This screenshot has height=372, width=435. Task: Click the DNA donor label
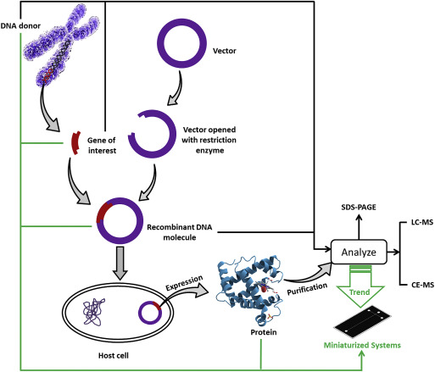tap(20, 26)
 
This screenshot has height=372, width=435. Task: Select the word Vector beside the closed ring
tap(225, 51)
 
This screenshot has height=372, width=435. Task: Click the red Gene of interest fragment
tap(75, 143)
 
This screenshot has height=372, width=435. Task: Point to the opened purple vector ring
tap(172, 134)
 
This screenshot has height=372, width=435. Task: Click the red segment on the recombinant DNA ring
tap(103, 212)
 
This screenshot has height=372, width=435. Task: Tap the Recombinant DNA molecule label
tap(180, 232)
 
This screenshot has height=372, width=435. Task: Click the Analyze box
tap(359, 252)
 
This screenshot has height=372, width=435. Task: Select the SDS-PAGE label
tap(359, 208)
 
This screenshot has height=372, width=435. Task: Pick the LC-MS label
tap(422, 222)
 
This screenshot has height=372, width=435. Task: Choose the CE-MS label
tap(422, 285)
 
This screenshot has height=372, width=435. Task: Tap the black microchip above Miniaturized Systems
tap(363, 322)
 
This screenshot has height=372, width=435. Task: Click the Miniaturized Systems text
tap(362, 345)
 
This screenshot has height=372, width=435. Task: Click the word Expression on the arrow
tap(184, 283)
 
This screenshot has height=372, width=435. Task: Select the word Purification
tap(307, 289)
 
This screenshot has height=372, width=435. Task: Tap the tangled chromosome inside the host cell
tap(93, 312)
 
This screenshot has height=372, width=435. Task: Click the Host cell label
tap(114, 355)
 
